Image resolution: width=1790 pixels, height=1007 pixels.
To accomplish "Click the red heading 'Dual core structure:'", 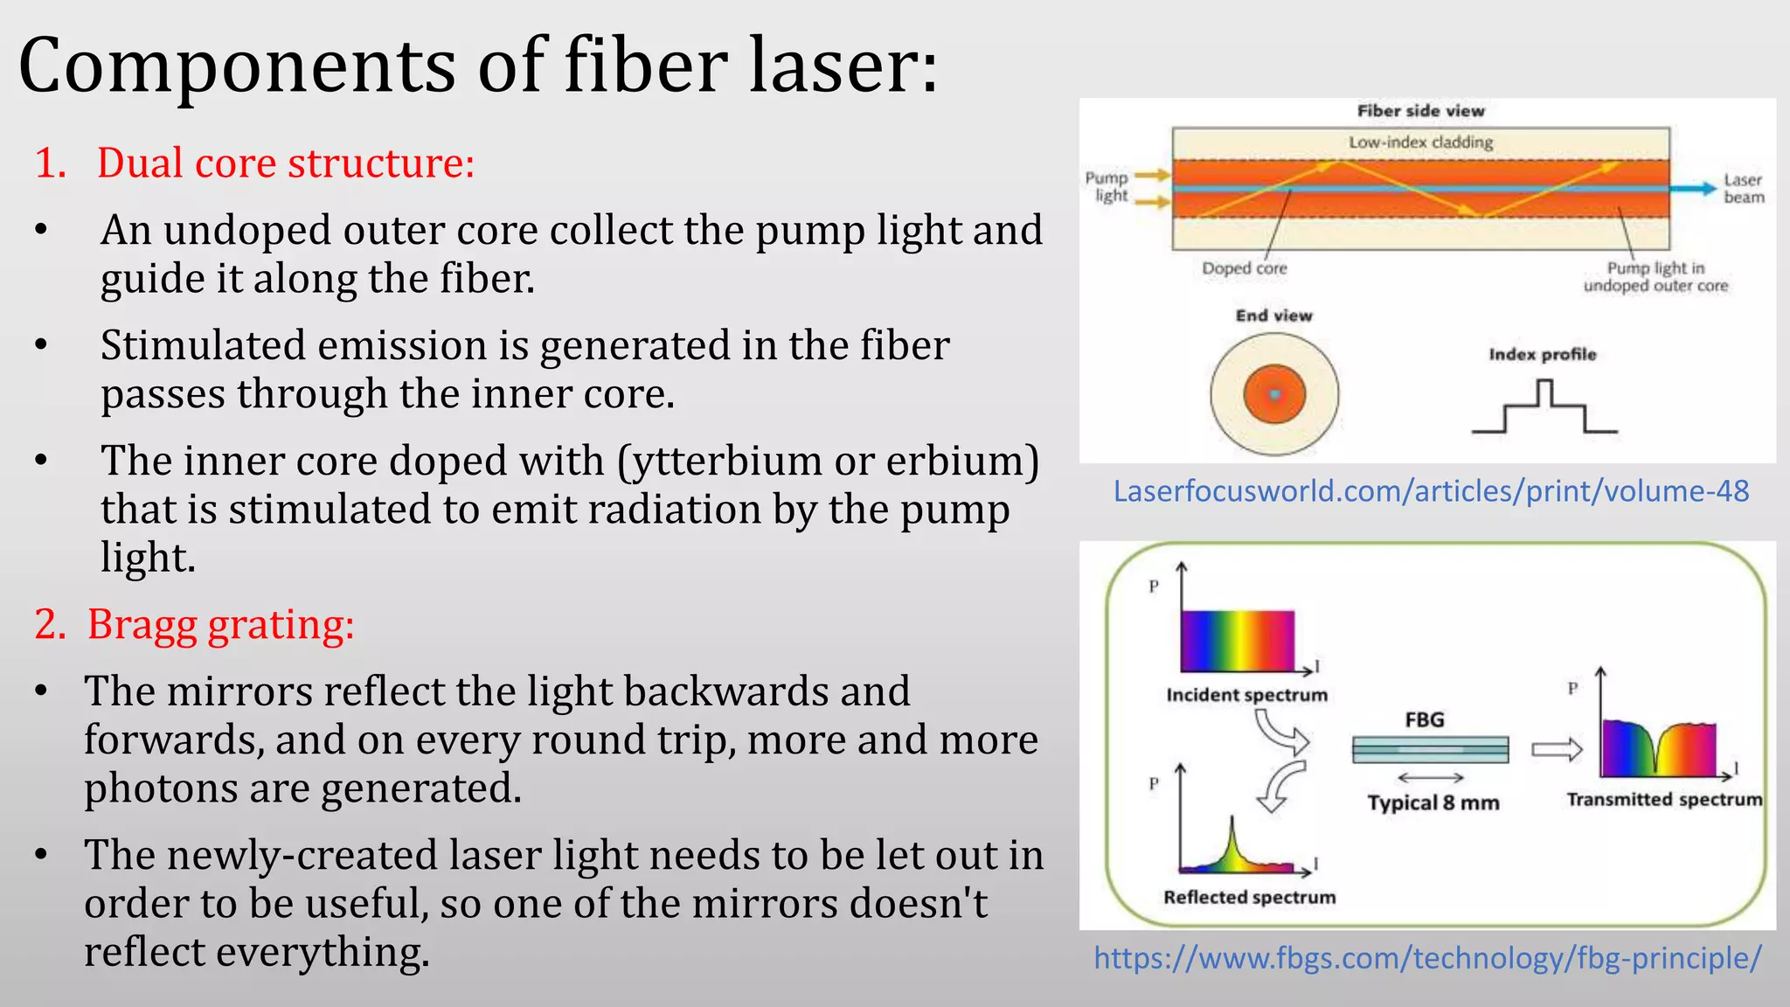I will pyautogui.click(x=285, y=163).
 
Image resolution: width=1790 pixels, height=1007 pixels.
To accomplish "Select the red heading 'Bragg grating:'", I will pyautogui.click(x=219, y=625).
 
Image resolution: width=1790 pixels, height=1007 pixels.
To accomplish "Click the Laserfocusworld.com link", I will pyautogui.click(x=1431, y=491).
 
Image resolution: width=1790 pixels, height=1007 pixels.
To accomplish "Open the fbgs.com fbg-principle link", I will pyautogui.click(x=1427, y=958).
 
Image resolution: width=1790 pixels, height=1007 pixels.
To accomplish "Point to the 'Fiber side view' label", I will pyautogui.click(x=1420, y=111).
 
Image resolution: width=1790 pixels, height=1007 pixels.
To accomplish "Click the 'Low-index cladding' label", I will pyautogui.click(x=1420, y=142).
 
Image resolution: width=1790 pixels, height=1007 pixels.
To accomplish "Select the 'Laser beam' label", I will pyautogui.click(x=1743, y=189).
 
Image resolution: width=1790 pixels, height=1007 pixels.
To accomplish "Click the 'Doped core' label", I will pyautogui.click(x=1244, y=268).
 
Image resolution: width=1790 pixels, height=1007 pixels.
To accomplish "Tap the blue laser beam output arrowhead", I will pyautogui.click(x=1706, y=188).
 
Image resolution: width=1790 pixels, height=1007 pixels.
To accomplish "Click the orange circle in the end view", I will pyautogui.click(x=1274, y=395).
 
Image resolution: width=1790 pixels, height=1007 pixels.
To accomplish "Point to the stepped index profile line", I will pyautogui.click(x=1544, y=407).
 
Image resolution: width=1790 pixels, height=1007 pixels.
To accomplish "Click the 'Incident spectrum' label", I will pyautogui.click(x=1246, y=695).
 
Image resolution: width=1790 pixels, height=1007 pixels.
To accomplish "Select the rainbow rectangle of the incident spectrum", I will pyautogui.click(x=1237, y=641).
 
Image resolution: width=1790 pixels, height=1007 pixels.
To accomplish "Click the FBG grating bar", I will pyautogui.click(x=1430, y=749).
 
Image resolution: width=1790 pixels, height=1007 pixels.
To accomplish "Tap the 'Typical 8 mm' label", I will pyautogui.click(x=1433, y=802).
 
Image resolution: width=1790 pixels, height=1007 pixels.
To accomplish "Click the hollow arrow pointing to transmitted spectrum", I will pyautogui.click(x=1557, y=749).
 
